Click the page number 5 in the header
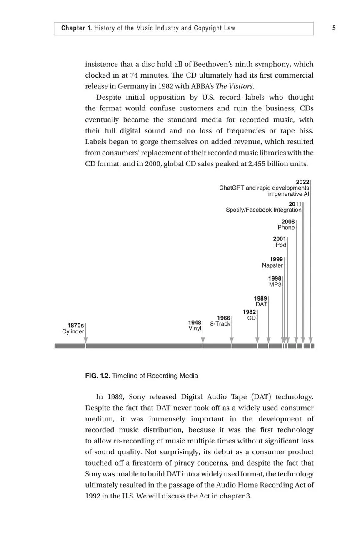click(x=334, y=28)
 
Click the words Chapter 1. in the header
click(x=77, y=28)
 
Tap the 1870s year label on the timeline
click(x=75, y=326)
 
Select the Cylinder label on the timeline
click(x=73, y=332)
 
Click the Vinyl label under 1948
click(x=195, y=328)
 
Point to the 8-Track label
click(x=220, y=324)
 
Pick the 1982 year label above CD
click(x=249, y=312)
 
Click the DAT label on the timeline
click(x=261, y=304)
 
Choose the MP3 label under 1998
click(x=275, y=285)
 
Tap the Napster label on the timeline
click(x=272, y=265)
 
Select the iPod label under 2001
click(x=280, y=245)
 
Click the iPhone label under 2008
click(x=285, y=228)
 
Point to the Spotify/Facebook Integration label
click(x=264, y=210)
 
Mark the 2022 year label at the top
click(x=302, y=182)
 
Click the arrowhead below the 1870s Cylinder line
click(x=85, y=341)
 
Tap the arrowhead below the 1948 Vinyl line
click(x=203, y=341)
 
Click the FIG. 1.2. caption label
click(x=97, y=376)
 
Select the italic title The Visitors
click(x=235, y=86)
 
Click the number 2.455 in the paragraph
click(x=257, y=164)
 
